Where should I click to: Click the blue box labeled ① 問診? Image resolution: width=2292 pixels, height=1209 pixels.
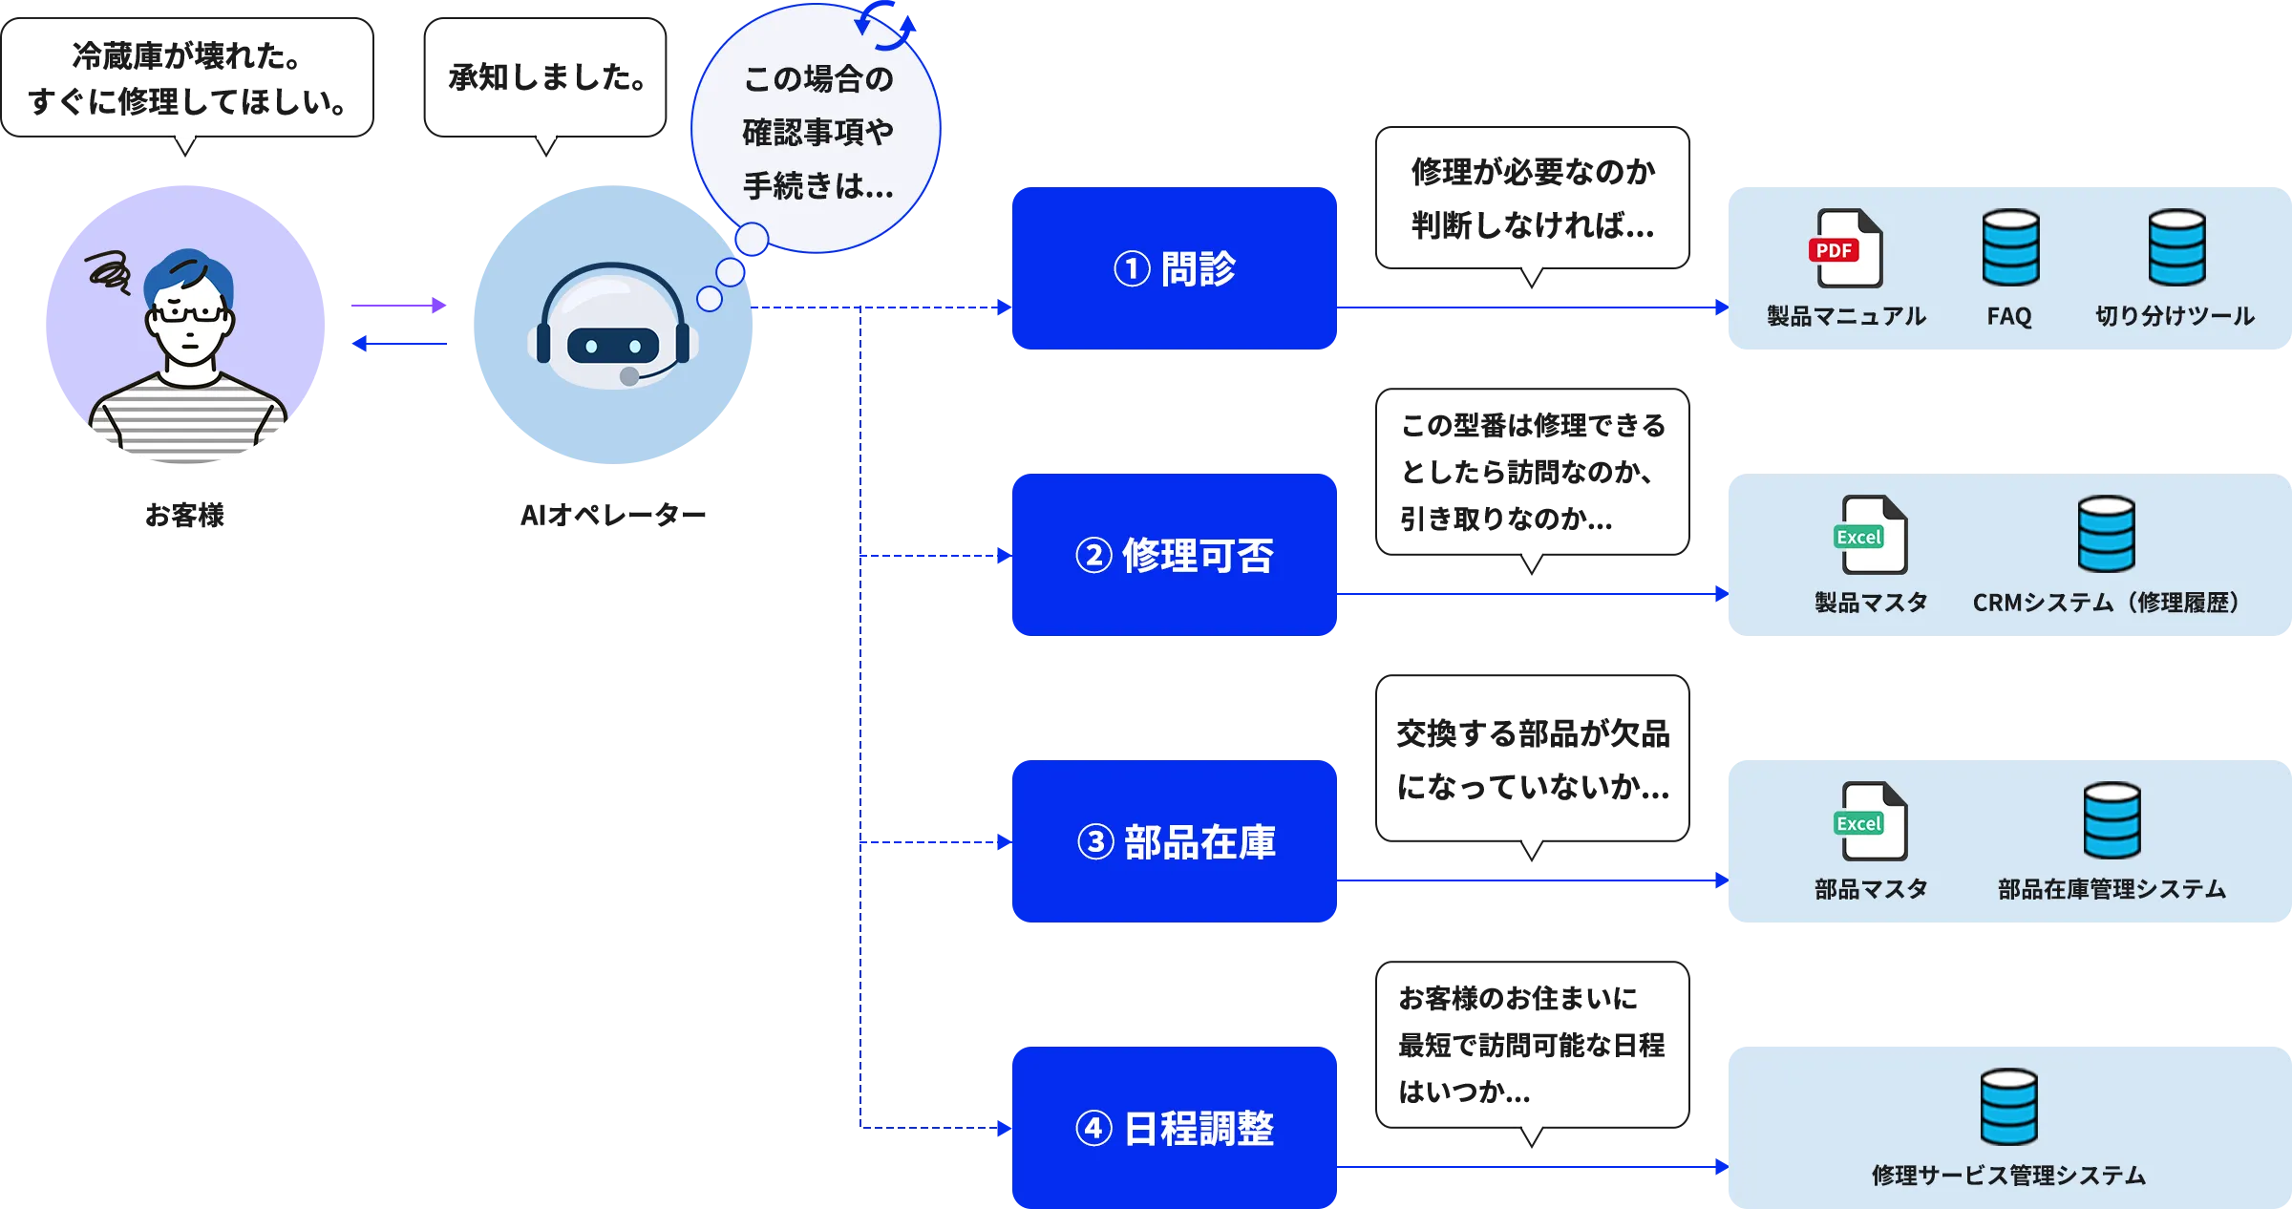tap(1173, 268)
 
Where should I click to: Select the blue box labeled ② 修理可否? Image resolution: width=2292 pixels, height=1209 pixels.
tap(1173, 556)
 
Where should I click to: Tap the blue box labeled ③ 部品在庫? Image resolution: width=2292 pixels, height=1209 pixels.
tap(1173, 841)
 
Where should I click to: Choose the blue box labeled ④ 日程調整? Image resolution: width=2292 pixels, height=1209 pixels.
tap(1173, 1128)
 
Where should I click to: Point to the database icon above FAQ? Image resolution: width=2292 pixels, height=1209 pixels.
tap(2010, 248)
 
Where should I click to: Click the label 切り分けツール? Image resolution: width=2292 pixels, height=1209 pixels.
tap(2175, 316)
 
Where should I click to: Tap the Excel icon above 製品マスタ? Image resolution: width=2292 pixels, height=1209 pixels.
tap(1873, 535)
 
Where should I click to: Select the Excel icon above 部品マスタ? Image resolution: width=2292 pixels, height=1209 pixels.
tap(1873, 821)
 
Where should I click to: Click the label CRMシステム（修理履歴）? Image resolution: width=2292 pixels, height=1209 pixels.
tap(2106, 603)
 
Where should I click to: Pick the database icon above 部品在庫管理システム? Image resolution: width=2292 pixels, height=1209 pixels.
tap(2112, 821)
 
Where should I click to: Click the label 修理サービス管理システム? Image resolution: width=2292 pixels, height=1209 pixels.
tap(2008, 1176)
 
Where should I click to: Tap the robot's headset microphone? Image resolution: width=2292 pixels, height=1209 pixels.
tap(629, 376)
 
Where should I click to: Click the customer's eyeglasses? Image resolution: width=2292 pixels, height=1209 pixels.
tap(189, 312)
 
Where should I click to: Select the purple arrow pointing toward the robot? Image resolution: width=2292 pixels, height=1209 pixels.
tap(399, 306)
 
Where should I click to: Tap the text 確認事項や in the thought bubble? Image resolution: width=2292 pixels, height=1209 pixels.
tap(817, 132)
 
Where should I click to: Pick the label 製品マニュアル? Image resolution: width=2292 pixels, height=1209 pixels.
tap(1846, 316)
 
